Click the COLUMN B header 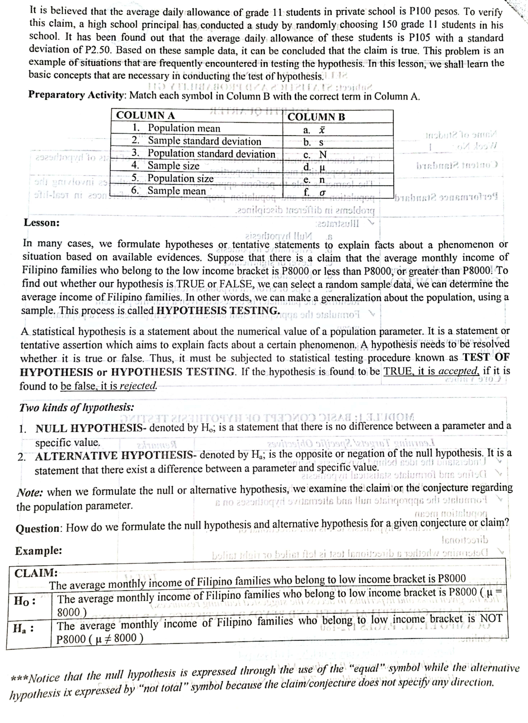coord(316,117)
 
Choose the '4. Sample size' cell coord(166,166)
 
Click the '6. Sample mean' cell coord(169,191)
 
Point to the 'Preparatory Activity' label coord(78,95)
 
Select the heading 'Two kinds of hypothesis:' coord(77,408)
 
